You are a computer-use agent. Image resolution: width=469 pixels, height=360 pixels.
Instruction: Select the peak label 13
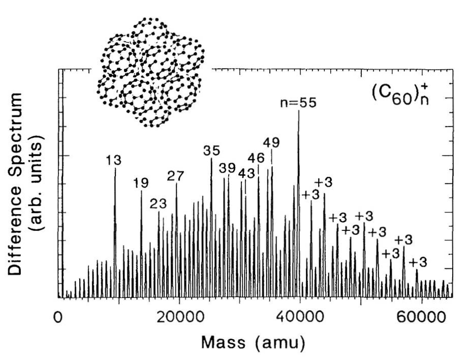(114, 160)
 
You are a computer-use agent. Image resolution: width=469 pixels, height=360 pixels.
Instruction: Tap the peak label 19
(141, 184)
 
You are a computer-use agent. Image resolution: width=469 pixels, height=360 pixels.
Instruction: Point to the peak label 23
(159, 204)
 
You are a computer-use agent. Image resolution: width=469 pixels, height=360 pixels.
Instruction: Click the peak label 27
(176, 176)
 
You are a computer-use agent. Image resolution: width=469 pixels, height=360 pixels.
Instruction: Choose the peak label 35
(211, 151)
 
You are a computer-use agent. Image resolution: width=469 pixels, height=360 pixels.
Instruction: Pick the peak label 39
(227, 168)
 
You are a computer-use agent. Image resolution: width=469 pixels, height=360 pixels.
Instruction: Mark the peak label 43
(246, 173)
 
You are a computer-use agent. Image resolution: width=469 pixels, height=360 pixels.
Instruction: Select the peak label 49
(271, 142)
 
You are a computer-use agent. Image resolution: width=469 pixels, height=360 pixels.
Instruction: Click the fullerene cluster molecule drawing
(150, 71)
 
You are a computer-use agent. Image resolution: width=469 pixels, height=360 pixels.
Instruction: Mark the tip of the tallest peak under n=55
(299, 111)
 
